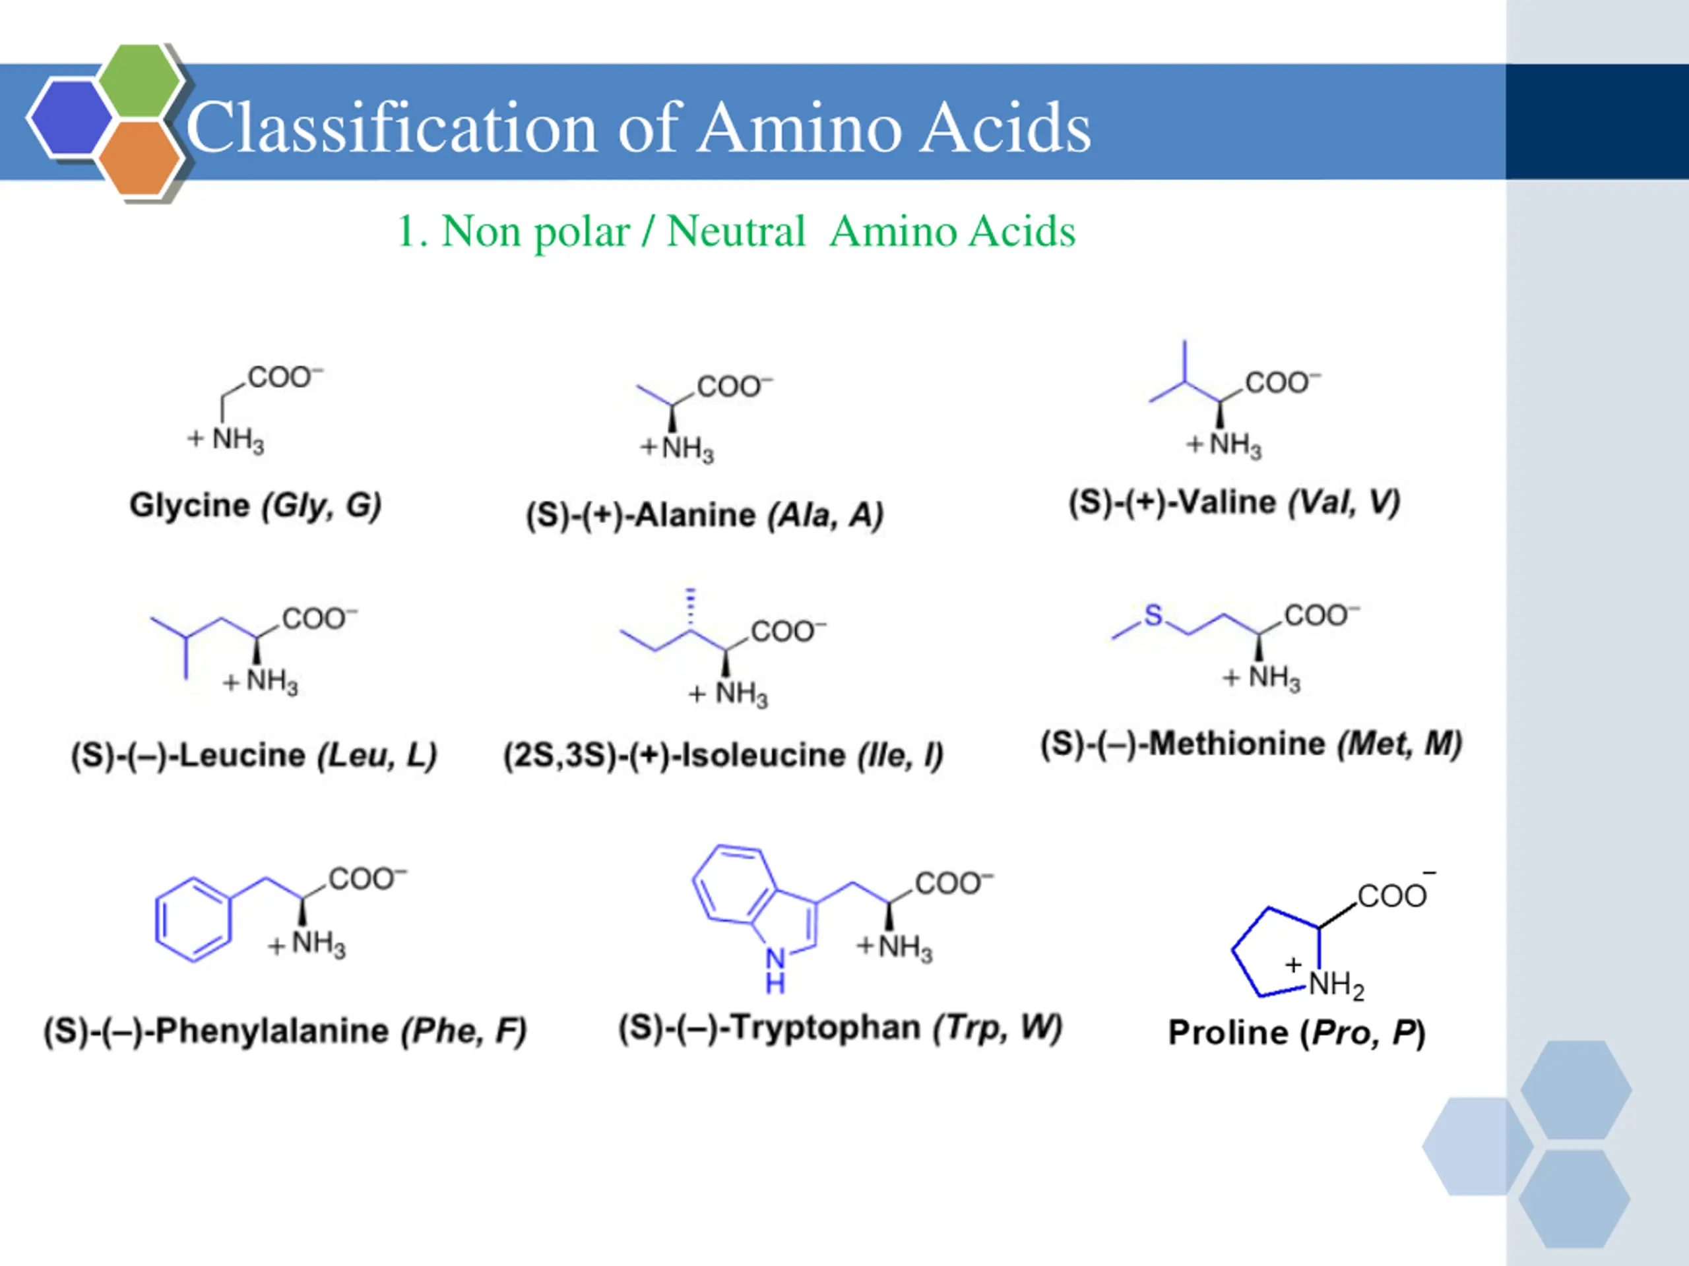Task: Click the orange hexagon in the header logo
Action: (140, 158)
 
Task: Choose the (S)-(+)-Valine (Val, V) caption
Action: (1234, 503)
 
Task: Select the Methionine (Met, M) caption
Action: (1251, 744)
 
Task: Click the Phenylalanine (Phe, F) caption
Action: (285, 1031)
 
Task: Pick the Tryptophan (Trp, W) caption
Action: (840, 1028)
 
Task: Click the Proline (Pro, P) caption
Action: (1296, 1033)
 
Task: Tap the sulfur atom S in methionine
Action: (1153, 615)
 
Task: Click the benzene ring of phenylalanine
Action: (193, 920)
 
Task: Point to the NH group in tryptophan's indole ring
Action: (776, 969)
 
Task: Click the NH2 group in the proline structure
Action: (1336, 985)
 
